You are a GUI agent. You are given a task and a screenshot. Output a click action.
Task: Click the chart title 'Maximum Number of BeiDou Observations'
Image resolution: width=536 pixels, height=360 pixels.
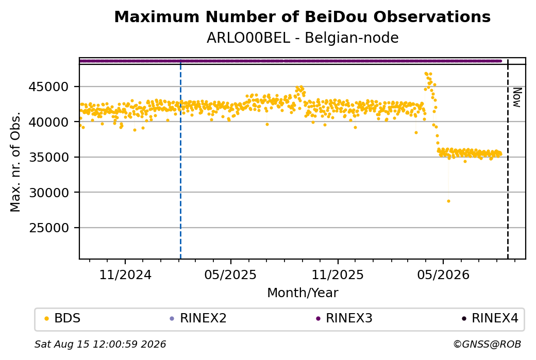(x=302, y=16)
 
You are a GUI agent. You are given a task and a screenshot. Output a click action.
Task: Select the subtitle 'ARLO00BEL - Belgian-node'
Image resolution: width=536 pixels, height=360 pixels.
(x=303, y=38)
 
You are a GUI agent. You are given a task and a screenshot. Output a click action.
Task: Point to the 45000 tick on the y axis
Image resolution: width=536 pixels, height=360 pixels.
(x=48, y=87)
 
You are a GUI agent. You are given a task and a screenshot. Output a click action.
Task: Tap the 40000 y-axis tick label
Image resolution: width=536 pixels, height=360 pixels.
(x=48, y=122)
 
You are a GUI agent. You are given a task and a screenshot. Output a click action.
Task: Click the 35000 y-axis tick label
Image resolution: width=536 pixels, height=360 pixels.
(x=48, y=157)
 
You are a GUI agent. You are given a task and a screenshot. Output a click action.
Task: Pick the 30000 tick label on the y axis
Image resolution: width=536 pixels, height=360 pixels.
(x=48, y=193)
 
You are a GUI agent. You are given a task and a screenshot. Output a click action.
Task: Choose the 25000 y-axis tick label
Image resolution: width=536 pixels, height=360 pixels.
(x=48, y=228)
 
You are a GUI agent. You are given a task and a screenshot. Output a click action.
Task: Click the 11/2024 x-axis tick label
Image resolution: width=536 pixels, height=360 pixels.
(x=125, y=275)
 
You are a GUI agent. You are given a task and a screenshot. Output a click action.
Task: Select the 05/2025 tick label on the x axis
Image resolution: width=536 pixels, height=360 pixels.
(x=230, y=275)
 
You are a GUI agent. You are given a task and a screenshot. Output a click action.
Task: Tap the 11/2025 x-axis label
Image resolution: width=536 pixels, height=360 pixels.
(x=338, y=275)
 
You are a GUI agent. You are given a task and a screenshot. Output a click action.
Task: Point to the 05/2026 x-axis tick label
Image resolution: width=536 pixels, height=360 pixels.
(x=443, y=275)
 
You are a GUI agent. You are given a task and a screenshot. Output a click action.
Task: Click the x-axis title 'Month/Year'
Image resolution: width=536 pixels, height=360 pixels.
(x=303, y=293)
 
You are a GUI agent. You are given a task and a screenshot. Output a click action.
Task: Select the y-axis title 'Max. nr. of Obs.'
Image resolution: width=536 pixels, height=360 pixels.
(x=15, y=162)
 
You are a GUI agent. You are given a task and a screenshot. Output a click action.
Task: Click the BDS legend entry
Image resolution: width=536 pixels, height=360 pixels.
(x=63, y=318)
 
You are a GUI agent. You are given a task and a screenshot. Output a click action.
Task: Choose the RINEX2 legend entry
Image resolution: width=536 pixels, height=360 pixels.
(x=198, y=318)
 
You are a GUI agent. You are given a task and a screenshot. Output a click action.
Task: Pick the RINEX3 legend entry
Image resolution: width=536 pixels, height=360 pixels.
(x=344, y=318)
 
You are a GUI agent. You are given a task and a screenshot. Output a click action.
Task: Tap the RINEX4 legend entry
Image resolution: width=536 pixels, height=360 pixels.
(x=490, y=318)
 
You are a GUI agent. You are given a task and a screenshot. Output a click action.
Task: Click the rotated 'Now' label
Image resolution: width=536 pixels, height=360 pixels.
(x=517, y=98)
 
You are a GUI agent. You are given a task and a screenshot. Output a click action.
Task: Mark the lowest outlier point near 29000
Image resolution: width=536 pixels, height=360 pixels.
(x=448, y=201)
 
